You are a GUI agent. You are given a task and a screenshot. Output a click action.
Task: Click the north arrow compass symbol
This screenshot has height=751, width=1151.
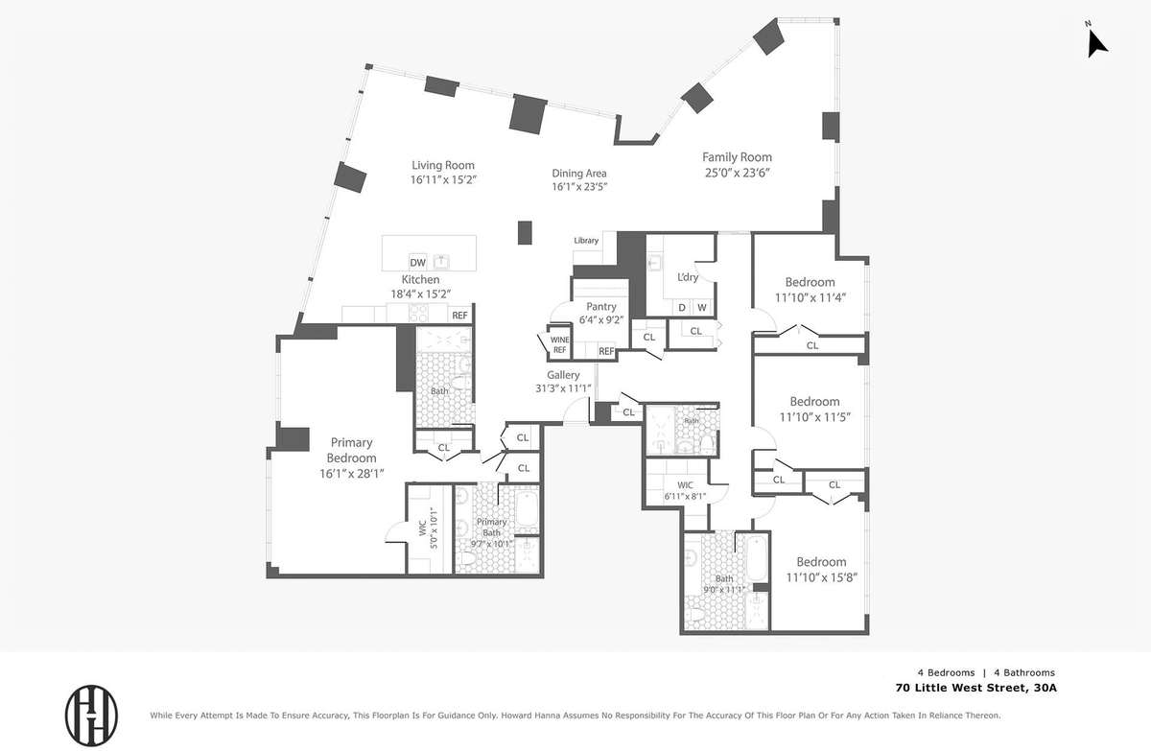click(1096, 43)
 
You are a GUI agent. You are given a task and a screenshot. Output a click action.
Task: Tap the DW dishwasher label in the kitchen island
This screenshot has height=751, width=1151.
click(418, 263)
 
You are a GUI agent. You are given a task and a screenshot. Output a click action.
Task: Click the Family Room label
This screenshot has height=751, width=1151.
click(737, 157)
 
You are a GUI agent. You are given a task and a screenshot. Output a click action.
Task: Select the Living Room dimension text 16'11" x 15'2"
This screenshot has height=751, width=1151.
click(443, 179)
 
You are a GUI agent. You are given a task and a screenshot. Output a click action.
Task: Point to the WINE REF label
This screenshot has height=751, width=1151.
click(559, 344)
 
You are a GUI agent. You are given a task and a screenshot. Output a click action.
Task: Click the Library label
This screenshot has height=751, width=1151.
click(586, 241)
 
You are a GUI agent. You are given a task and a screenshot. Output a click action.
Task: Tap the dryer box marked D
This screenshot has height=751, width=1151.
click(682, 307)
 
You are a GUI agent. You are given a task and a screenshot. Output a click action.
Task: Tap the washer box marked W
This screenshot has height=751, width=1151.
click(702, 307)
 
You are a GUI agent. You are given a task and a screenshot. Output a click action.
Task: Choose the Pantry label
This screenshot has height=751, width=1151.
click(601, 307)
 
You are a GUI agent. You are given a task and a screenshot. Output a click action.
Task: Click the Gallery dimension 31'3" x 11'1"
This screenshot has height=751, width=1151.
click(563, 388)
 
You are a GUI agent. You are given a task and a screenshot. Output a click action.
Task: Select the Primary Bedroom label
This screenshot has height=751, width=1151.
click(351, 450)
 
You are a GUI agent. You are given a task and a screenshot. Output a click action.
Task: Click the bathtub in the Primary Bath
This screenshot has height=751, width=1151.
click(527, 508)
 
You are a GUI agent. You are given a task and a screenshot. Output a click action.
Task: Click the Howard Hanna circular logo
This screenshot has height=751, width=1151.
click(91, 716)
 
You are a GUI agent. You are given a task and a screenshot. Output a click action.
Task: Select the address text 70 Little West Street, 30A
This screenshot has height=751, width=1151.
click(975, 688)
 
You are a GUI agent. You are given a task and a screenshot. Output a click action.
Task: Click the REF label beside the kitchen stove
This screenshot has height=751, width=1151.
click(459, 315)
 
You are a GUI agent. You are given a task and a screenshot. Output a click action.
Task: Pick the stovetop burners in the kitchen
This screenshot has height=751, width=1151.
click(418, 313)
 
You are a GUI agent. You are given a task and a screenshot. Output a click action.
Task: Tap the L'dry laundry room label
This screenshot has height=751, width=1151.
click(688, 277)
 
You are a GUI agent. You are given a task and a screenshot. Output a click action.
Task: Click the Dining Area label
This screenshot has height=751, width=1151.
click(579, 173)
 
